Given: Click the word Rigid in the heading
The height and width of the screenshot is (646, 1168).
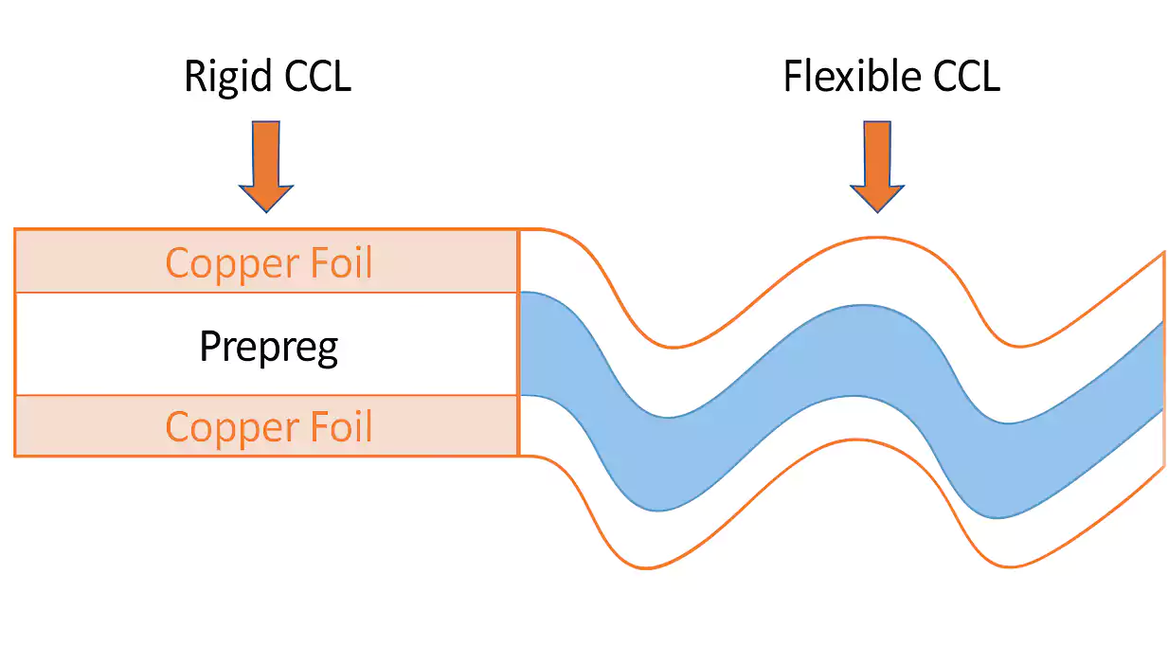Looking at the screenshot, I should pos(218,76).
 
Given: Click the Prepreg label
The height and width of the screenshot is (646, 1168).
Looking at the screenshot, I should pos(268,347).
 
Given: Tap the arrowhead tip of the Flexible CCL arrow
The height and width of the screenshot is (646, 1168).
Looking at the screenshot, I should pos(877,210).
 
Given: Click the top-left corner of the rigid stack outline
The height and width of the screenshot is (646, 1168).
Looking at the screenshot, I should pos(15,229).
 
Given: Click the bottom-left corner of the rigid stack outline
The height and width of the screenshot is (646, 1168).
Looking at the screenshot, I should pos(15,456).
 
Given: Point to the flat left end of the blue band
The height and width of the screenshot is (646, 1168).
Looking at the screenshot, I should pos(524,343).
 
